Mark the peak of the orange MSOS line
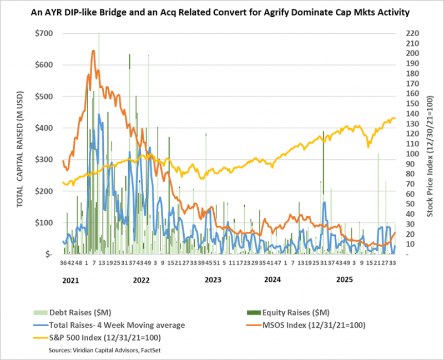93,50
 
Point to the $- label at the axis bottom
49,255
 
